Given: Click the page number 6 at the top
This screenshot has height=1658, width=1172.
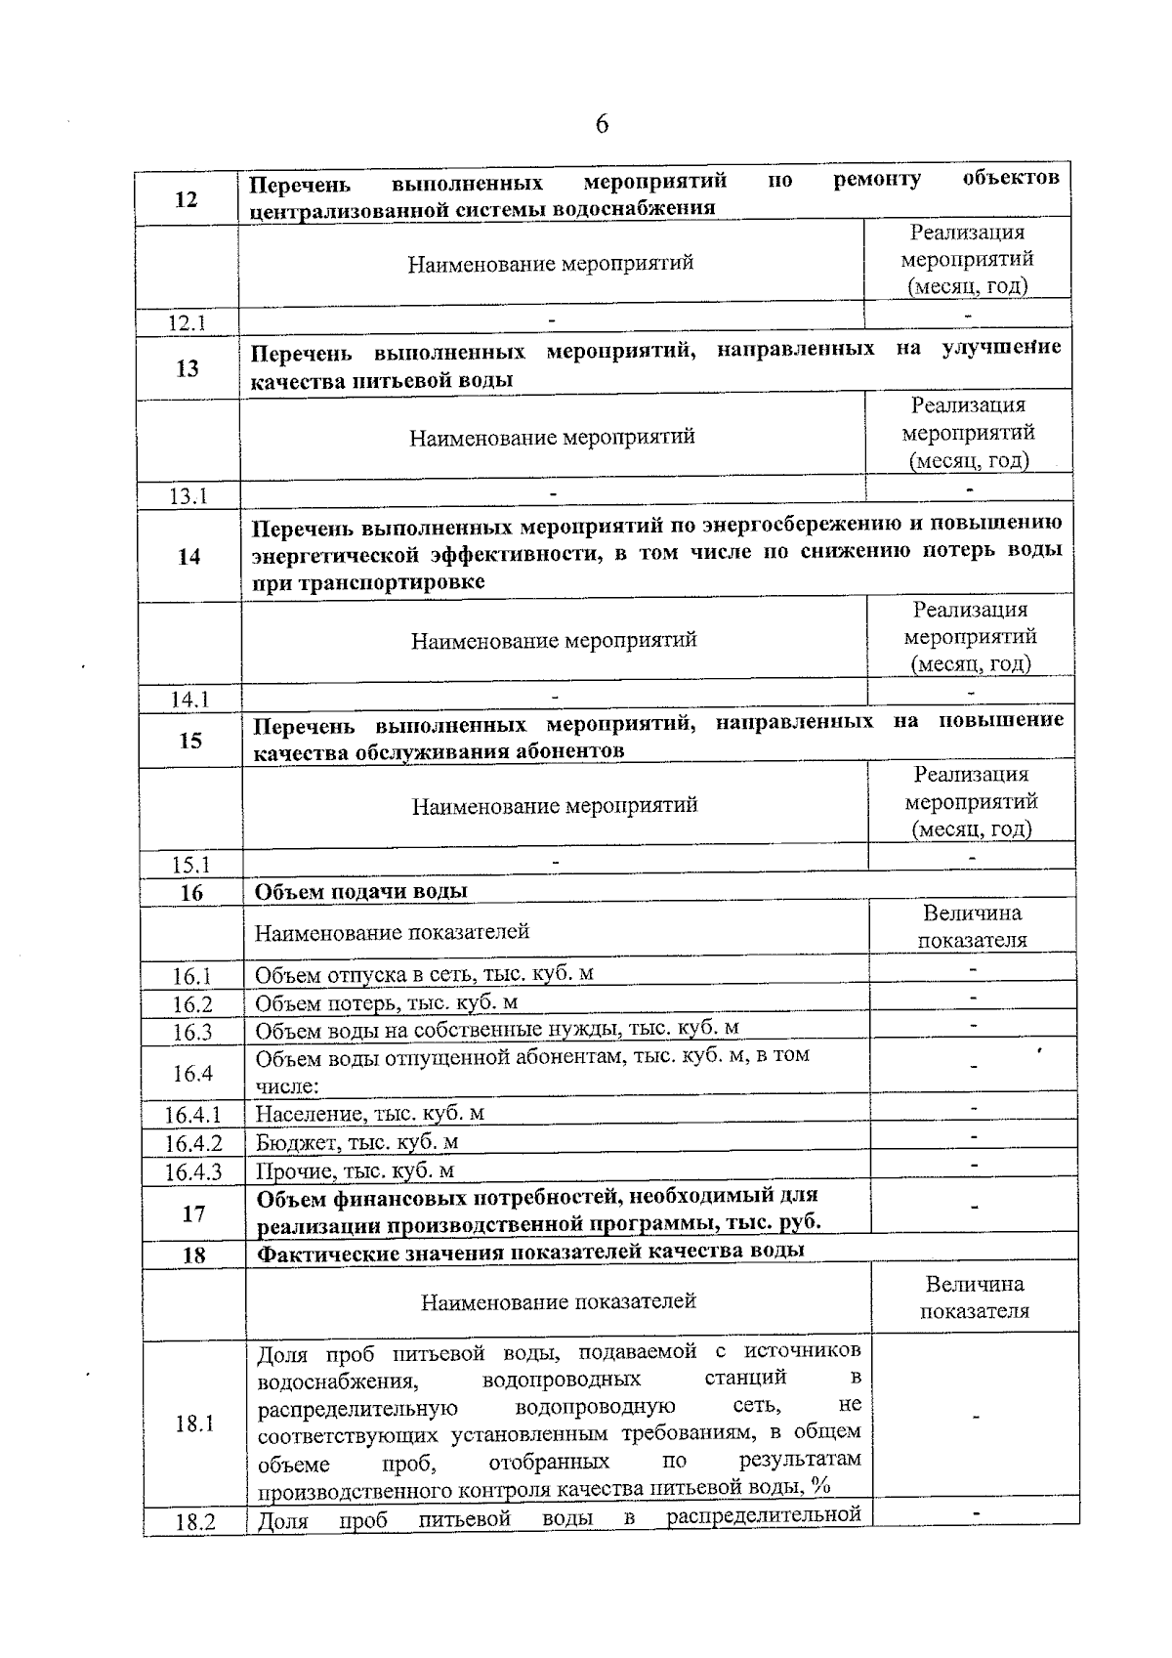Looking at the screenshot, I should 602,124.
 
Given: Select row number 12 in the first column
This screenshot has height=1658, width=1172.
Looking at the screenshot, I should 186,199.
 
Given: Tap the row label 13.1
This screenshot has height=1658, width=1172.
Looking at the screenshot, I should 188,496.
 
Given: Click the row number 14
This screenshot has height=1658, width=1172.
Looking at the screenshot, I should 188,557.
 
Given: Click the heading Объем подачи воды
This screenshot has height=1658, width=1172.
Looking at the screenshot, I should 361,891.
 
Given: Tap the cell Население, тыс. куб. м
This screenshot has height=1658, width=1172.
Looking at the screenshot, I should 370,1114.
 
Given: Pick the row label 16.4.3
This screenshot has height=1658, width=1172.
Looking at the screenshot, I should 193,1171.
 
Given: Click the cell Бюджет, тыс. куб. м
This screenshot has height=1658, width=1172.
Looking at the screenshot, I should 357,1142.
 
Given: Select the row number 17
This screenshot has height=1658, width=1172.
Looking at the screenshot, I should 193,1214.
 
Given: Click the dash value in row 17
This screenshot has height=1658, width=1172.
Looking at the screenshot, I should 975,1209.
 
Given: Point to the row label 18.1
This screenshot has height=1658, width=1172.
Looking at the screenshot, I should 194,1424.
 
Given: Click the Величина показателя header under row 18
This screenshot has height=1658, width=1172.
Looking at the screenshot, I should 975,1297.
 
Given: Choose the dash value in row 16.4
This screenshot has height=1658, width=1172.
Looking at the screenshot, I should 974,1067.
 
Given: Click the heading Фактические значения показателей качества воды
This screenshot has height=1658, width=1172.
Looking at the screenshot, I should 531,1252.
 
